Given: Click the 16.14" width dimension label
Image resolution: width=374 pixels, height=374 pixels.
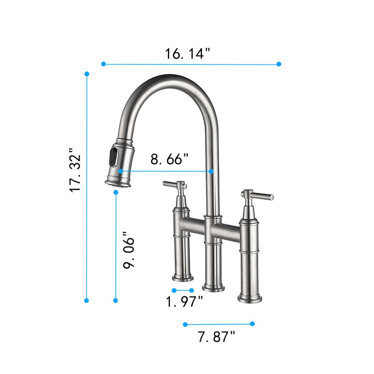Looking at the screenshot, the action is coord(187,53).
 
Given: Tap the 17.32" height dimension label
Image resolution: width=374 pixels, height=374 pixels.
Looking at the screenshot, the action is coord(75,170).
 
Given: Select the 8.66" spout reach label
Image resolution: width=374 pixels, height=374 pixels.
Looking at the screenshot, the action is coord(169,159).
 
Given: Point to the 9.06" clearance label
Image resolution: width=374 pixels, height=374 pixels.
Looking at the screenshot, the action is coord(129,250).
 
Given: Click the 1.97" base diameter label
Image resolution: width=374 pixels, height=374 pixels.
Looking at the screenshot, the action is coord(184,301).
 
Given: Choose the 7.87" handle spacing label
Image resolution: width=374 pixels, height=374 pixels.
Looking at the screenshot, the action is coord(216,337).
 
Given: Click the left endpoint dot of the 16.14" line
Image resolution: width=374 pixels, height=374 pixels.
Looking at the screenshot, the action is coord(103,64).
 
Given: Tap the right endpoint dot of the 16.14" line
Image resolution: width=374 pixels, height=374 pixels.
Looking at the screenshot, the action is coord(279,64).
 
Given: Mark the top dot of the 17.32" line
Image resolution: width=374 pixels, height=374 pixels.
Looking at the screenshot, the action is coord(87,74).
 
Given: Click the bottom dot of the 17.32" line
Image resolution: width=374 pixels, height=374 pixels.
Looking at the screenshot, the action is coord(86,301).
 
